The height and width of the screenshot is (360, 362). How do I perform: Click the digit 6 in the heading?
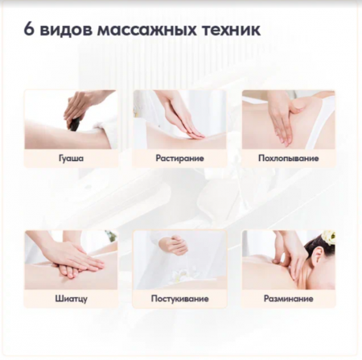click(x=29, y=29)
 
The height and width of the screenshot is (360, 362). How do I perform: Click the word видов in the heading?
click(x=66, y=31)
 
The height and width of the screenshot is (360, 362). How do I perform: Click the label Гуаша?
click(x=71, y=158)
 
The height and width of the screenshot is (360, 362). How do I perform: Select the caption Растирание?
click(x=179, y=158)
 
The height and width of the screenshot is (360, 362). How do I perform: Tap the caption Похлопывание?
click(x=289, y=158)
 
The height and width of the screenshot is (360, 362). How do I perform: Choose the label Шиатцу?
click(x=71, y=299)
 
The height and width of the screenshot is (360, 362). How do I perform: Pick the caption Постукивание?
click(x=179, y=299)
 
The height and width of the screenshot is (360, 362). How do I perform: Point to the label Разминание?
click(x=289, y=299)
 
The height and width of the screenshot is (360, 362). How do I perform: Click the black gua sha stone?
click(x=76, y=124)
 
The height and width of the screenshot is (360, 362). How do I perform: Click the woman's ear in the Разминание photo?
click(x=318, y=255)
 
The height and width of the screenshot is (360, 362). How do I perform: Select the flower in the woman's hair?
click(x=328, y=237)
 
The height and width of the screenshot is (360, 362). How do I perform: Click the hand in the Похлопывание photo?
click(x=284, y=122)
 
